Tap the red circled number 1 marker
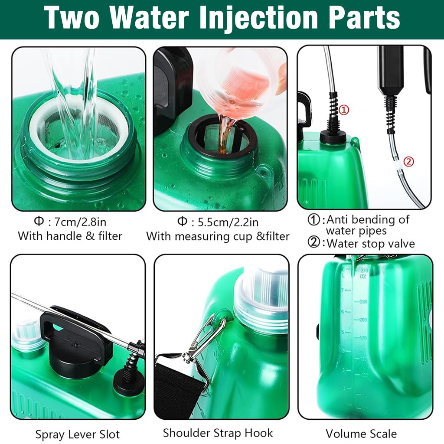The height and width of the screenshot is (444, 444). (343, 110)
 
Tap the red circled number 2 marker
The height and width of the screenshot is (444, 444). (408, 162)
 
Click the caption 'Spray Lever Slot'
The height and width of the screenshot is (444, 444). (78, 434)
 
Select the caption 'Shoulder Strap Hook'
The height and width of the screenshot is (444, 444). (218, 433)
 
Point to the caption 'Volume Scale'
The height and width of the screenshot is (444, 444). (361, 434)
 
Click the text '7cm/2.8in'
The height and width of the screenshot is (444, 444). (77, 222)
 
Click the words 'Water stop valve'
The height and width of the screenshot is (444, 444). (370, 243)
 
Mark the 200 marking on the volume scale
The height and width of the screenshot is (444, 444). (362, 319)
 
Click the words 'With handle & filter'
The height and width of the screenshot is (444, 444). (70, 236)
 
